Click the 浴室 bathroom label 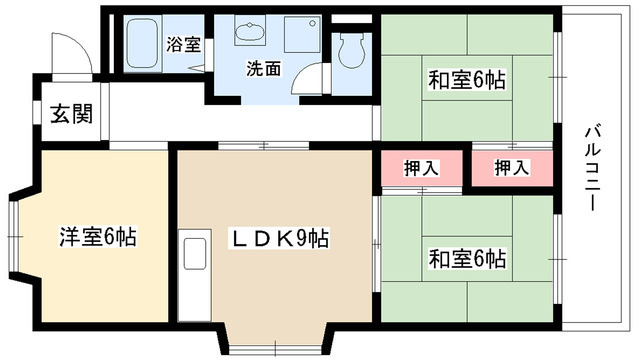pos(183,44)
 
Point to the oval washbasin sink pos(248,32)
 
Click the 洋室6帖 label pos(97,238)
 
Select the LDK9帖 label pos(283,239)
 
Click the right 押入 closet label pos(511,167)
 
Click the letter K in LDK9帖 pos(283,239)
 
